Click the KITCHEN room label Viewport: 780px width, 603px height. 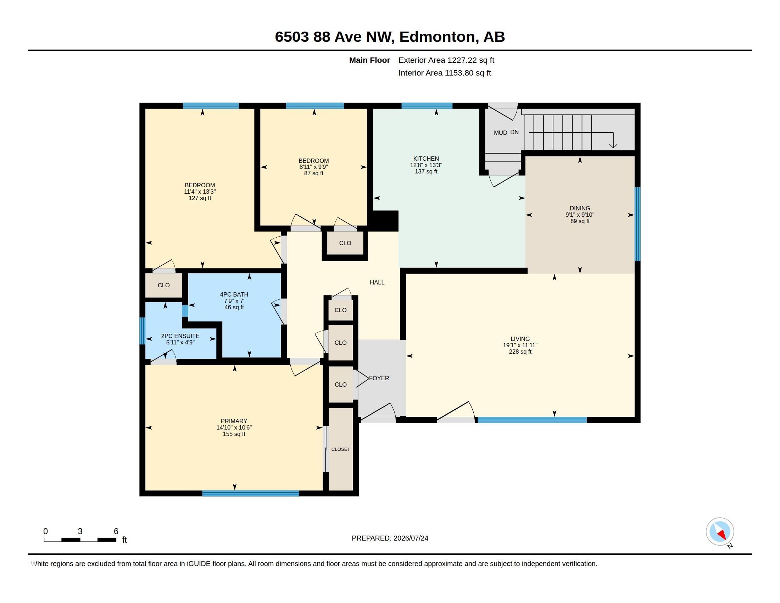[x=426, y=159]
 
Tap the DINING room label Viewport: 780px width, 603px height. [x=580, y=208]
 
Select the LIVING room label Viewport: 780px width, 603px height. [x=520, y=339]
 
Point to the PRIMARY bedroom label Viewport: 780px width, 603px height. [x=234, y=421]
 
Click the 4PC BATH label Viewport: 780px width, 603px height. [x=234, y=294]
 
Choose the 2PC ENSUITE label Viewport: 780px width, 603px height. [x=180, y=336]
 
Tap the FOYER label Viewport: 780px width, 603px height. [x=379, y=378]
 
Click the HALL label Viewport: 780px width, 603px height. [x=377, y=282]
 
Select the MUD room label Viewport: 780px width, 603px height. [x=500, y=133]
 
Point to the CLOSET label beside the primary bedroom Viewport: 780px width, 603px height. [x=340, y=449]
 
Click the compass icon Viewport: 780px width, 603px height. [x=720, y=531]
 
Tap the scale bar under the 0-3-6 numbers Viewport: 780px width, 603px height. [x=80, y=540]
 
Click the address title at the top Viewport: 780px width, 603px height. [x=390, y=37]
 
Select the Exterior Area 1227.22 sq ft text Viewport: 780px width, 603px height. [x=446, y=60]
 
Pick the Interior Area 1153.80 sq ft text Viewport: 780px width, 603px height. [x=445, y=73]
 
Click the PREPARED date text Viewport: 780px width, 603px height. [x=390, y=538]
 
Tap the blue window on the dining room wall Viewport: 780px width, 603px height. [x=637, y=224]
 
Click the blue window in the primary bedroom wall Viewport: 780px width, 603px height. [x=250, y=493]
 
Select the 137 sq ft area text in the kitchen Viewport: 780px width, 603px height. [x=426, y=171]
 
